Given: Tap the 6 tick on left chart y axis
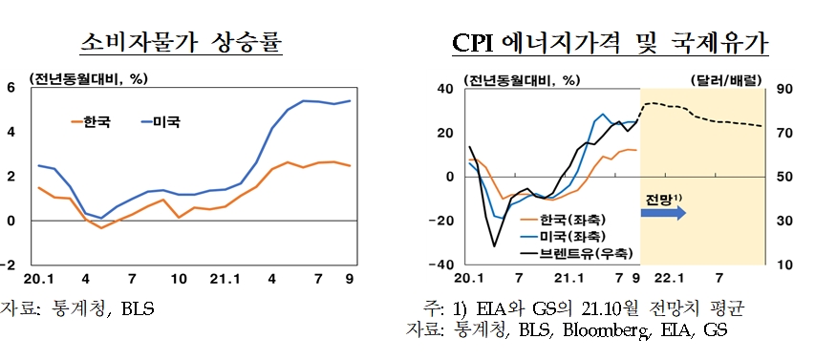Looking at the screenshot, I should pyautogui.click(x=11, y=88).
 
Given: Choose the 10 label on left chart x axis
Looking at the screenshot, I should pyautogui.click(x=178, y=279).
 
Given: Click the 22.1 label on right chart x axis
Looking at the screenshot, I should pyautogui.click(x=668, y=279).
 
